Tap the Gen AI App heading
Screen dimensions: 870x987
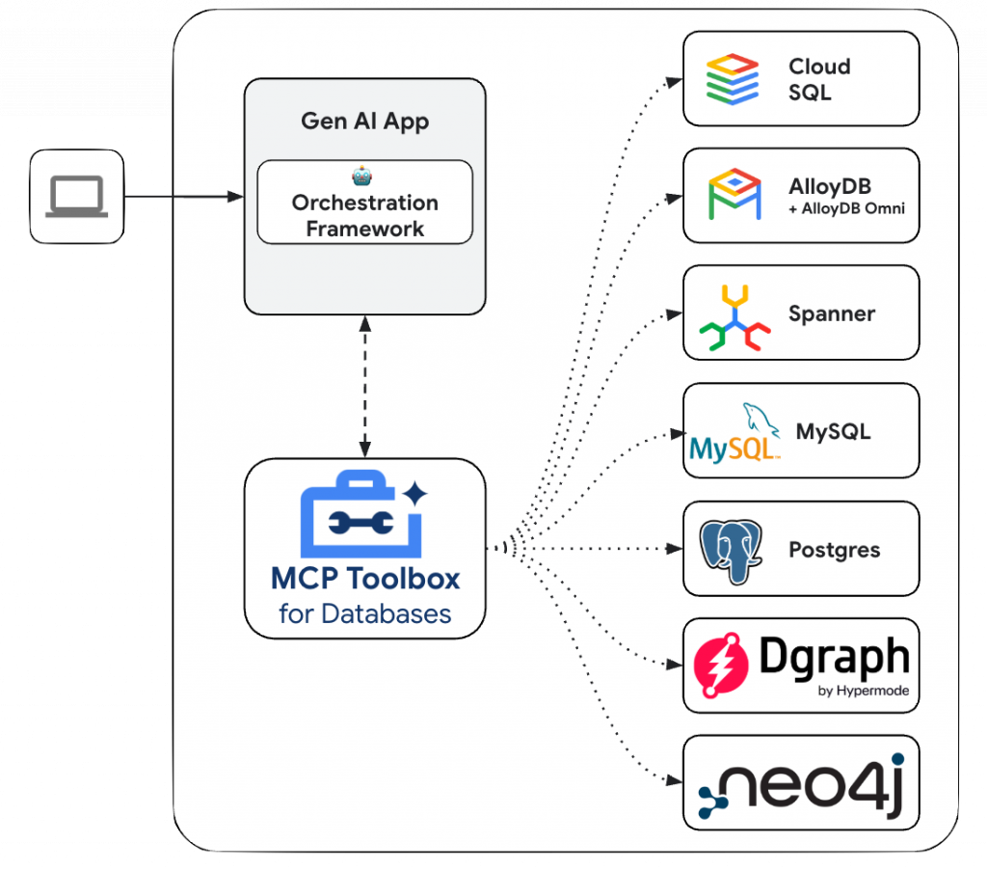pyautogui.click(x=364, y=121)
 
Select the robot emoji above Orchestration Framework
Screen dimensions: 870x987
pyautogui.click(x=363, y=176)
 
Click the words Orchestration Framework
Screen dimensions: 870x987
pyautogui.click(x=364, y=216)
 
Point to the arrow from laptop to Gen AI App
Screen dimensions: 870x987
pyautogui.click(x=183, y=197)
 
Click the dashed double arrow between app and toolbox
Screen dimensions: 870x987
pyautogui.click(x=364, y=386)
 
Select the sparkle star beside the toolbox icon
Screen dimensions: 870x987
pyautogui.click(x=415, y=495)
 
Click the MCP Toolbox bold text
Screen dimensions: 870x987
pyautogui.click(x=364, y=579)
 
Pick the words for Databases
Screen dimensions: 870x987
pyautogui.click(x=364, y=613)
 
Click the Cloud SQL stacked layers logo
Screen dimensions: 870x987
pyautogui.click(x=733, y=79)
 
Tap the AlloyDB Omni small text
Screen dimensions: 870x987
pyautogui.click(x=846, y=208)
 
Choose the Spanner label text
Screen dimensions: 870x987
pyautogui.click(x=831, y=314)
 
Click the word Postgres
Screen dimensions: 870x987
pyautogui.click(x=834, y=551)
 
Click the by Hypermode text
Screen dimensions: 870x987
pyautogui.click(x=864, y=691)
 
